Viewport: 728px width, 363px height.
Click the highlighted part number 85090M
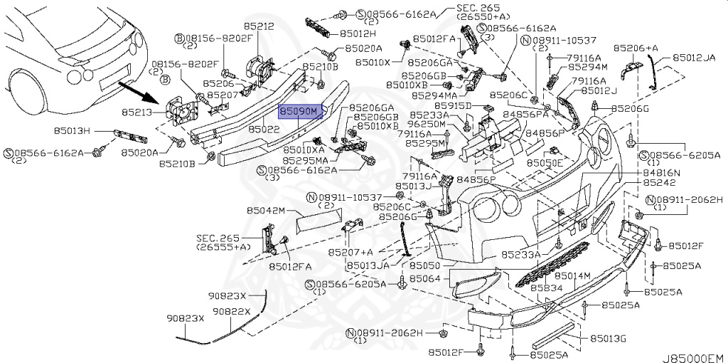[300, 112]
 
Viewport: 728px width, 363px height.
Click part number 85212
[259, 26]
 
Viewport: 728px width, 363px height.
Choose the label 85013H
[74, 130]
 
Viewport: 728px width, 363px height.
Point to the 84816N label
[662, 173]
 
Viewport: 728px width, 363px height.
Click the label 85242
[658, 182]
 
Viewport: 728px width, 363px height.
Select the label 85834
[547, 288]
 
